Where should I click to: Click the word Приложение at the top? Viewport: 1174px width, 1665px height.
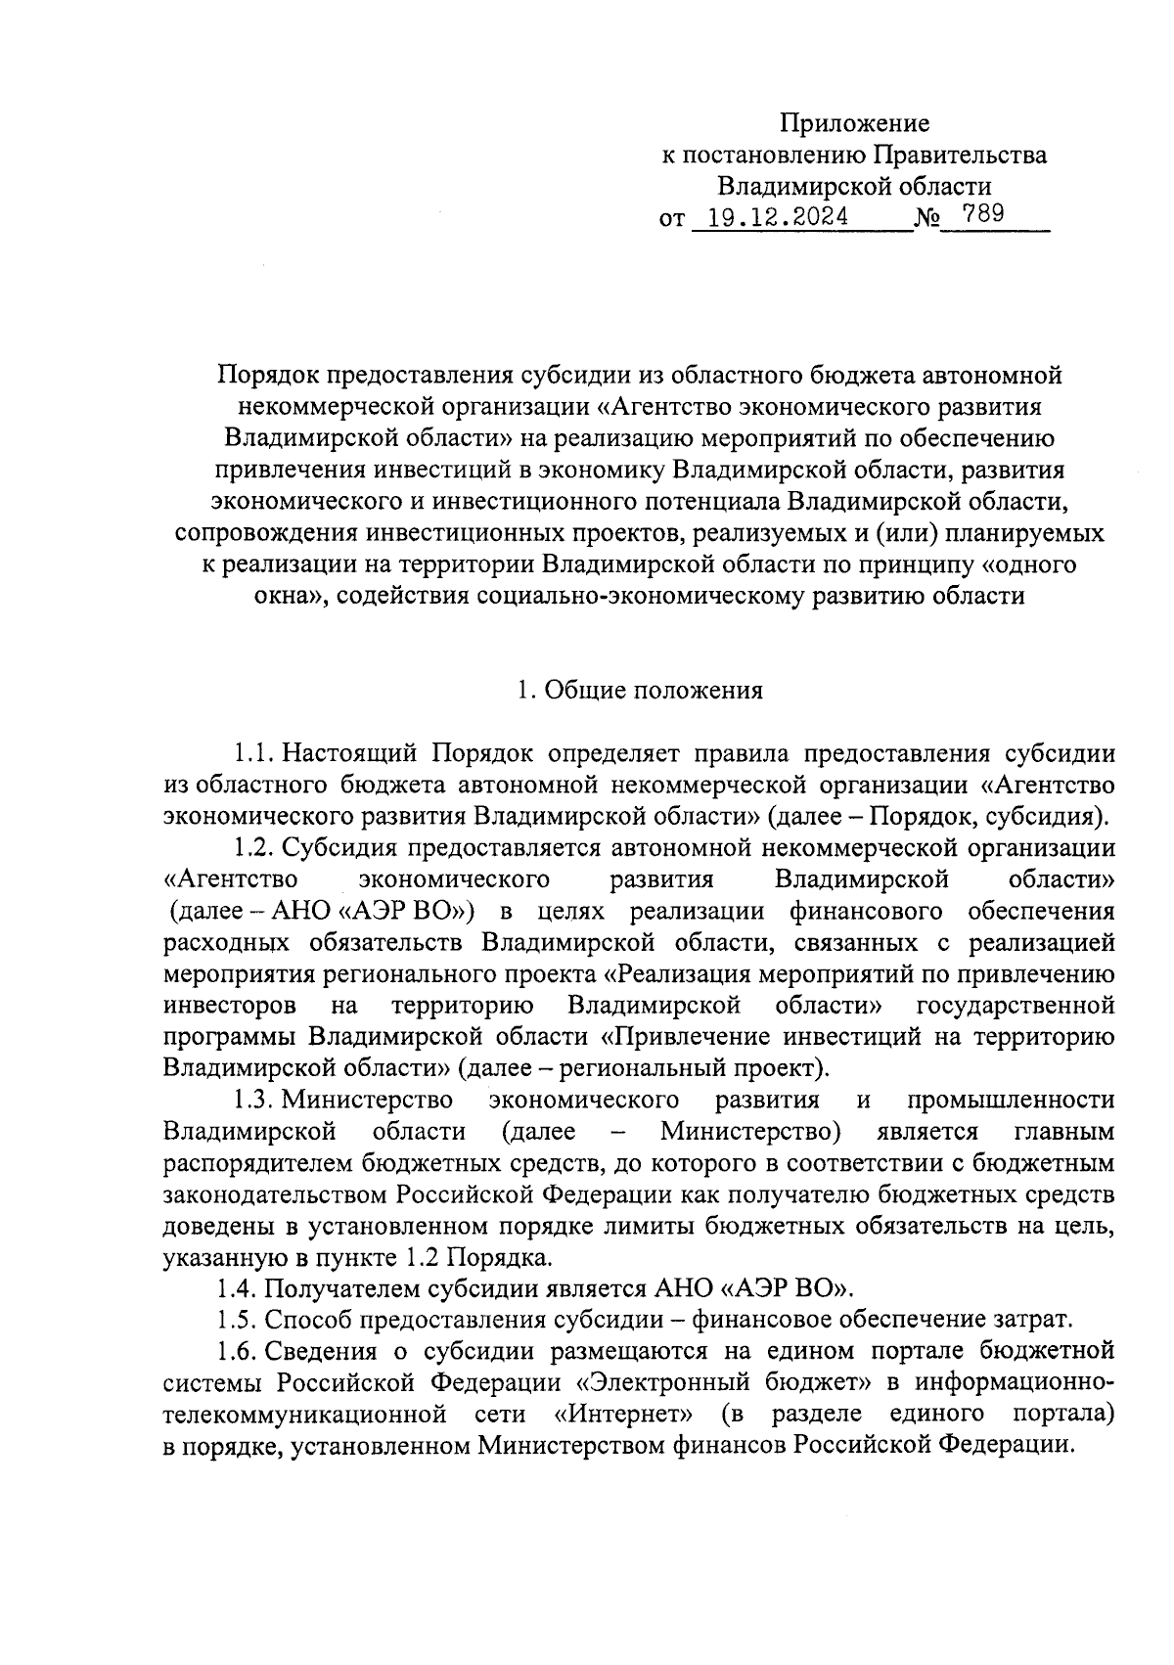854,123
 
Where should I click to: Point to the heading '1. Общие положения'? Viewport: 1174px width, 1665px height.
639,691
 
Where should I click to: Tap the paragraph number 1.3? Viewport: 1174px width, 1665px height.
251,1100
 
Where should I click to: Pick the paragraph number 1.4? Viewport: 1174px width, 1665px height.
238,1287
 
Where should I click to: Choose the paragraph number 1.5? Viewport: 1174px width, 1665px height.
238,1319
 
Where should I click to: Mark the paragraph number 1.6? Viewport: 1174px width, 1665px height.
238,1351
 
